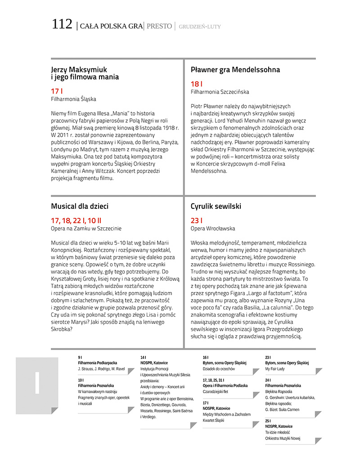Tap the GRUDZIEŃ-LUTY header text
pos(200,27)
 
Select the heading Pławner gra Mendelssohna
pos(235,70)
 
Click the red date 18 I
pos(197,84)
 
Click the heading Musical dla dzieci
pos(80,206)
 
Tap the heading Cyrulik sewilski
pos(216,206)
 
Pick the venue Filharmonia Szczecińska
pos(220,92)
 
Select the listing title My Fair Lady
pos(275,369)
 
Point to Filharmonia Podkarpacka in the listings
pos(97,363)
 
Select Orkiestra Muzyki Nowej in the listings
pos(283,438)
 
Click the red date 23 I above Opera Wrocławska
pos(197,220)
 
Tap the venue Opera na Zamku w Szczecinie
pos(86,229)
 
